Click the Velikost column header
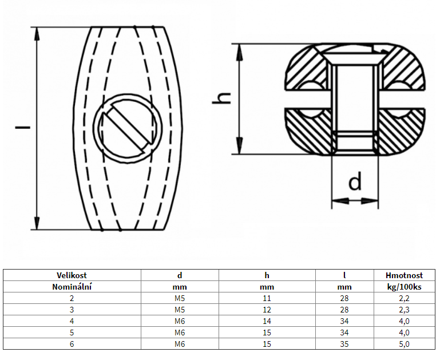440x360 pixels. (72, 275)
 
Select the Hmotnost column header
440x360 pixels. (405, 275)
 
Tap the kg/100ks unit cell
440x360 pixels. (405, 287)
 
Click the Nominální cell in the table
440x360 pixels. (72, 287)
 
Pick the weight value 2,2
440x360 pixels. (405, 298)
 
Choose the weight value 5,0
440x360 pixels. (405, 344)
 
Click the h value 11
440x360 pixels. (267, 298)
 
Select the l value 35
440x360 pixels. (344, 344)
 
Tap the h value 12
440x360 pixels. (267, 310)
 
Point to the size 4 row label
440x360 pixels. (72, 321)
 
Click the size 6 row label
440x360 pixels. (72, 344)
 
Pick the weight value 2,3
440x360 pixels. (405, 310)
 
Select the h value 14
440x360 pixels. (267, 321)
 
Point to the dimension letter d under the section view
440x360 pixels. (355, 183)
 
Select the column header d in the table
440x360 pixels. (180, 275)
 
